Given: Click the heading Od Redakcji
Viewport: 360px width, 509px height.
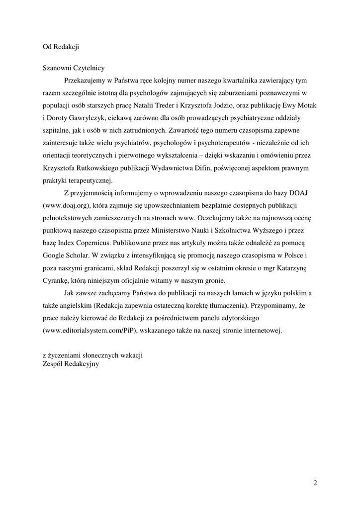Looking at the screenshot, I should [x=61, y=47].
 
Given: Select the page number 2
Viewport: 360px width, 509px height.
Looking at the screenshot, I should [x=315, y=483].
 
